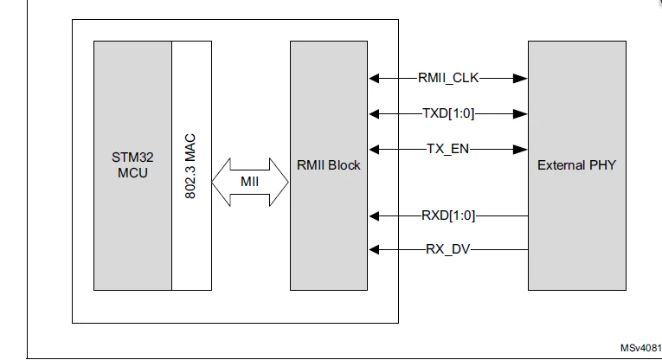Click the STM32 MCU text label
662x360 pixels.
click(132, 165)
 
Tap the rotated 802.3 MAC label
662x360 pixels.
click(190, 166)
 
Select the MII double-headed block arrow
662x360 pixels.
click(250, 182)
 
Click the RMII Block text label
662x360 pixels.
click(329, 165)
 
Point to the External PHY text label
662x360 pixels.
click(576, 165)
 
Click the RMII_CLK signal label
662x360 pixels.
click(448, 78)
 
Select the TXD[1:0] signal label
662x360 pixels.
click(448, 113)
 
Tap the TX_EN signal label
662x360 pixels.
click(448, 149)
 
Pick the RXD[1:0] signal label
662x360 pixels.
click(448, 215)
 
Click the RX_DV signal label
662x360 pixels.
click(448, 249)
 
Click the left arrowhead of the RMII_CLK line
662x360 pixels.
click(374, 78)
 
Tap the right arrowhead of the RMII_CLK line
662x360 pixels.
click(521, 78)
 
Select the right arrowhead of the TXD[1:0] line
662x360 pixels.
click(521, 113)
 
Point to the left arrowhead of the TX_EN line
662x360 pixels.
click(374, 149)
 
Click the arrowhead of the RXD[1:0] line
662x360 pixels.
click(374, 215)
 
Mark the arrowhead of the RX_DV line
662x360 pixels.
click(374, 249)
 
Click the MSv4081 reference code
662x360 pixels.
click(641, 348)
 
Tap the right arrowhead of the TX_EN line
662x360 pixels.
click(521, 149)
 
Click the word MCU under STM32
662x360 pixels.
click(132, 173)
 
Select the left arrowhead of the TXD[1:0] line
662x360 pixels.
click(374, 113)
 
